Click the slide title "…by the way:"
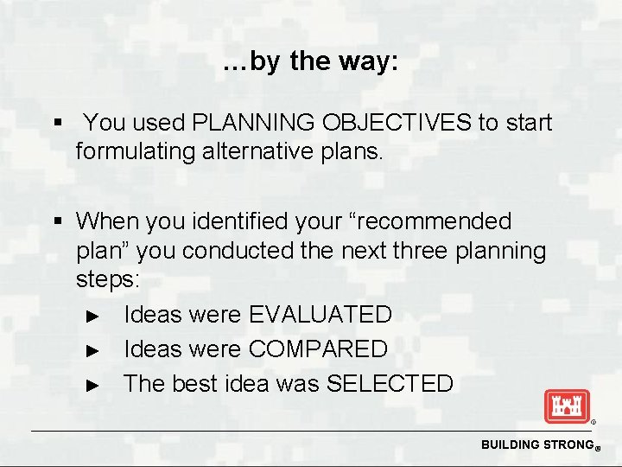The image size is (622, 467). pyautogui.click(x=310, y=62)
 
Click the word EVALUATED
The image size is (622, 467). pyautogui.click(x=320, y=315)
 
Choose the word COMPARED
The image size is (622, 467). pyautogui.click(x=318, y=349)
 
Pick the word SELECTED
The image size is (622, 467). pyautogui.click(x=390, y=384)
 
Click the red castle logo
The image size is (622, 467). pyautogui.click(x=566, y=406)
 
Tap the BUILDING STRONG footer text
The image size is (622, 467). pyautogui.click(x=533, y=445)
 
